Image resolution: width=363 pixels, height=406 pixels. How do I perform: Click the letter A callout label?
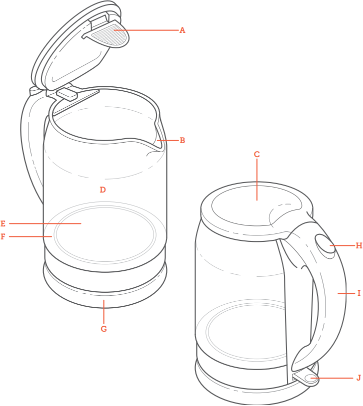click(182, 30)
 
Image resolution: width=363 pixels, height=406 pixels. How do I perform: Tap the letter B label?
click(182, 140)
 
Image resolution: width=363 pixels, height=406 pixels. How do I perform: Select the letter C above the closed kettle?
click(257, 154)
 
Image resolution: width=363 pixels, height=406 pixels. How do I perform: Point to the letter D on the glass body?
click(103, 190)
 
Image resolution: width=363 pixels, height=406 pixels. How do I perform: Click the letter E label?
click(3, 223)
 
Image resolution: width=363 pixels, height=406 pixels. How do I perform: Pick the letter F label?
click(3, 236)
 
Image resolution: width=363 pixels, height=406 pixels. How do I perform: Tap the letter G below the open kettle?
click(104, 329)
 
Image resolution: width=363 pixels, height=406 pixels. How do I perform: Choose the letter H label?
click(359, 245)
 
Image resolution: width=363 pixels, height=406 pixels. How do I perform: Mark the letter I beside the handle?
click(359, 293)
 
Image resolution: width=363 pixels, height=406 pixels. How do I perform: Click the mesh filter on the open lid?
click(108, 35)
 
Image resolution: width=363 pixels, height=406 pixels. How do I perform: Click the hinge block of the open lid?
click(67, 94)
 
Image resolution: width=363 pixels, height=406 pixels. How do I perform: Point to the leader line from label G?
click(104, 312)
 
